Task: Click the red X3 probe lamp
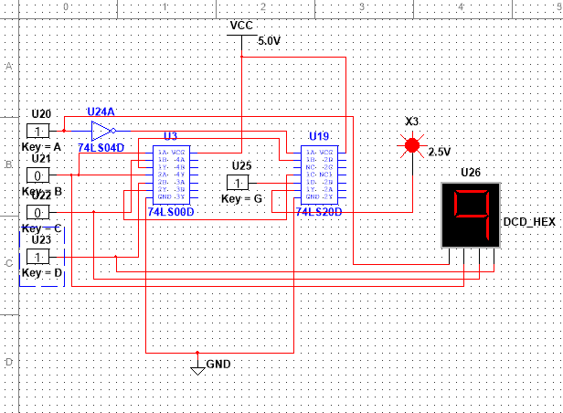coord(412,144)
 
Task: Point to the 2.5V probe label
coord(440,151)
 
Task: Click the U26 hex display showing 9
coord(471,215)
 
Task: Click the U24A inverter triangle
coord(101,130)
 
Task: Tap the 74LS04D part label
coord(101,146)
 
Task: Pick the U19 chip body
coord(319,175)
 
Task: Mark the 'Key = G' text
coord(241,197)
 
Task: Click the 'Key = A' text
coord(40,146)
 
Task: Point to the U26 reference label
coord(470,172)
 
